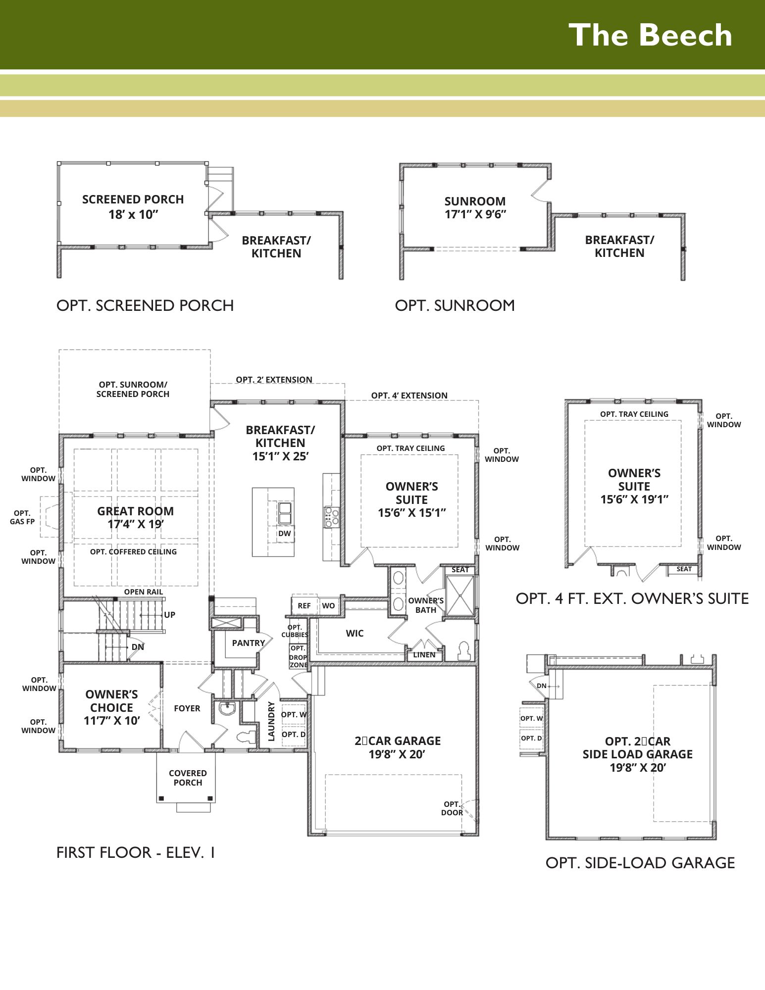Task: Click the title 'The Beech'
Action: pos(650,35)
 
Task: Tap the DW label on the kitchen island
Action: pos(285,534)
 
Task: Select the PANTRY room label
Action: pos(249,643)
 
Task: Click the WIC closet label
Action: pos(355,633)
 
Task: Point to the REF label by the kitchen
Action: pos(304,606)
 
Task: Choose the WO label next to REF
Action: pos(328,606)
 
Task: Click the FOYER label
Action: pos(187,708)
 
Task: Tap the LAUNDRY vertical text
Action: pos(271,721)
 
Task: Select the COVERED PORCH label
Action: pos(188,778)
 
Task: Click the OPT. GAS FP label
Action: pos(22,517)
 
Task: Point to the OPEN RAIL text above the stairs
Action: pos(144,592)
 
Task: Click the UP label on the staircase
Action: pos(169,615)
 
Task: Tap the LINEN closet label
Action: pos(424,655)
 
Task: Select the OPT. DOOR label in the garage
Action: pos(452,808)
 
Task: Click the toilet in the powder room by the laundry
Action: pos(247,737)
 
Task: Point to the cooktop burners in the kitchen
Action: pos(331,517)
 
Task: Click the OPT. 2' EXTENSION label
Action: pos(274,380)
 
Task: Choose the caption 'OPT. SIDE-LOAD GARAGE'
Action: pos(640,863)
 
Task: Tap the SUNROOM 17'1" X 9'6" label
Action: pos(475,208)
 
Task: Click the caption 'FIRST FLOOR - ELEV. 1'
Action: pos(136,852)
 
